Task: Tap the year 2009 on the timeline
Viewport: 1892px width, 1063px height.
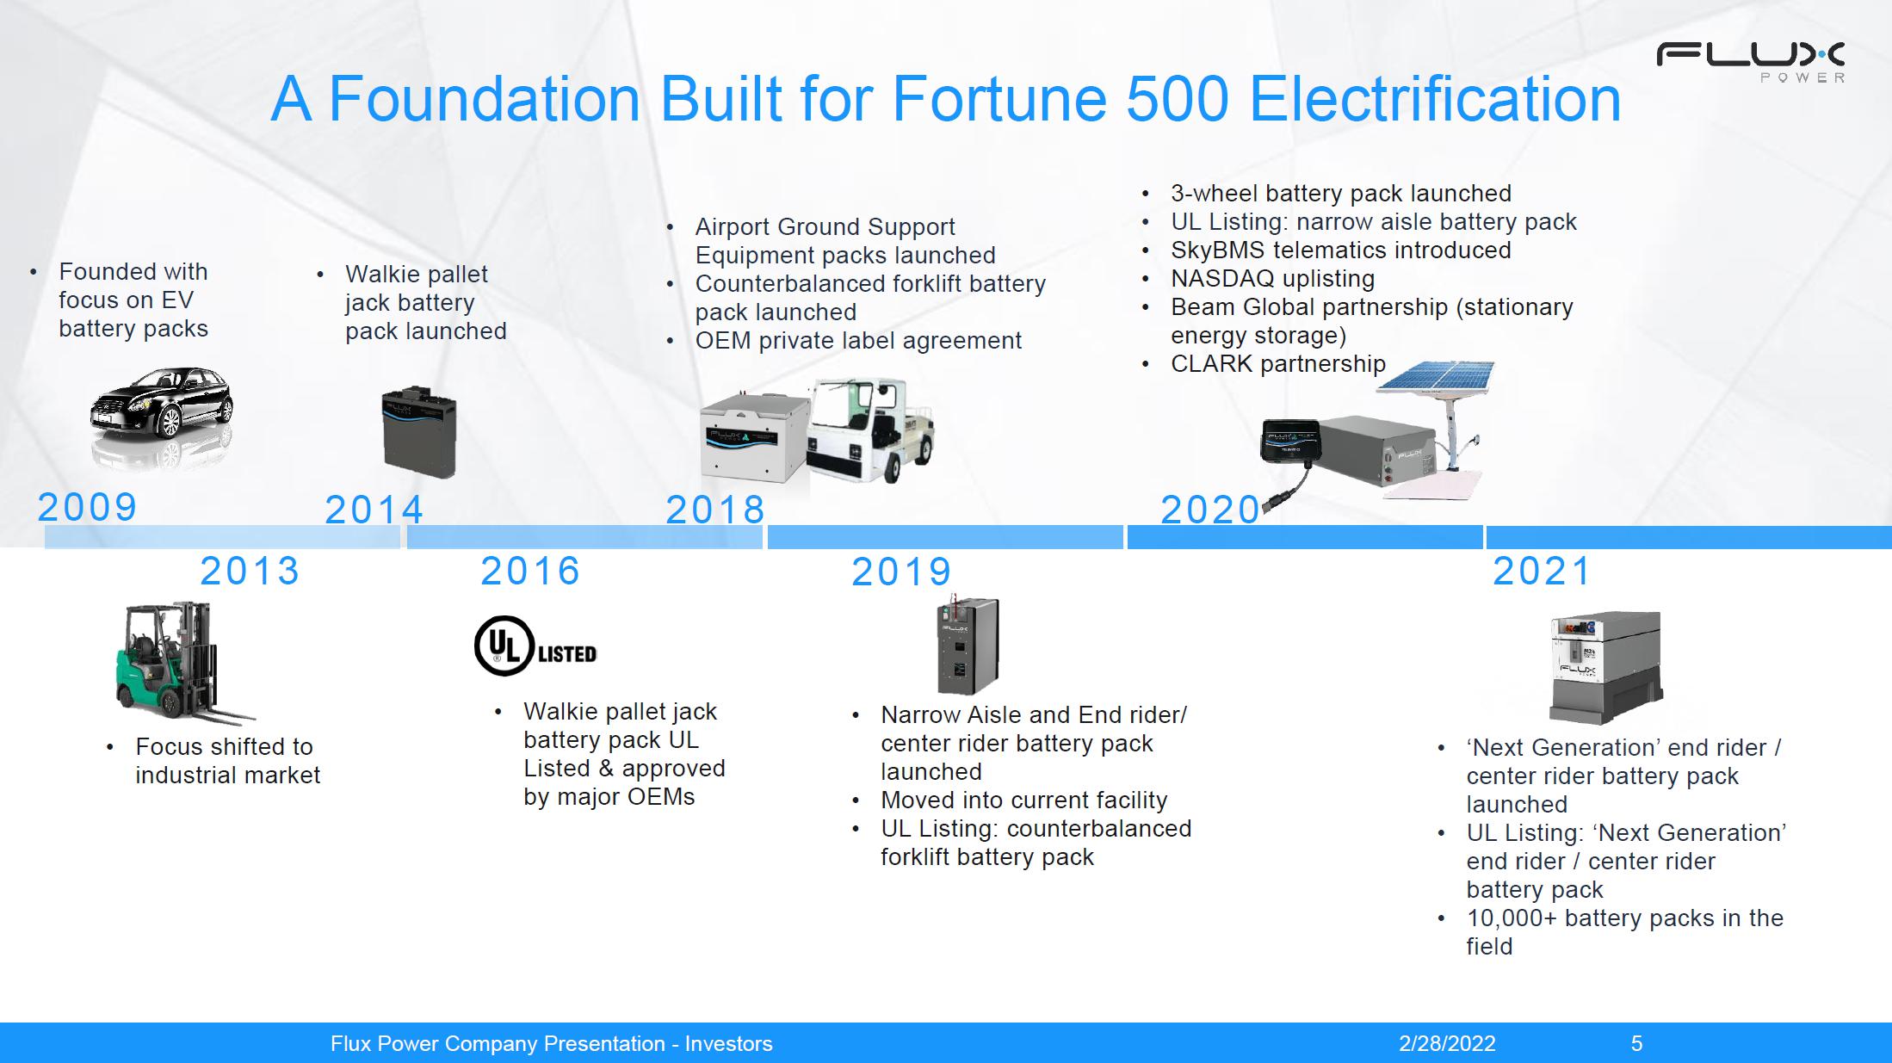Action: (87, 507)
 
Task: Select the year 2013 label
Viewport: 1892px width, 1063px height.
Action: (250, 571)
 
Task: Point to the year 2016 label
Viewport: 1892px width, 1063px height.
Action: (530, 571)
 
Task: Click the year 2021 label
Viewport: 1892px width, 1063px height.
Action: (1542, 571)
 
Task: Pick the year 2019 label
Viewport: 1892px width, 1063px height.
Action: (901, 572)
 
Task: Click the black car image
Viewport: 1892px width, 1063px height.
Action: (161, 404)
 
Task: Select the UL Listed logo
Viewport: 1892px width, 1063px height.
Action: (535, 646)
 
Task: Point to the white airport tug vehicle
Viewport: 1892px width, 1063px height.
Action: (870, 430)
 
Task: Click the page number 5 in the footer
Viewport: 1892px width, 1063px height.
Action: (1636, 1044)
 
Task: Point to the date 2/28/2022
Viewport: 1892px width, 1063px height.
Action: (1447, 1044)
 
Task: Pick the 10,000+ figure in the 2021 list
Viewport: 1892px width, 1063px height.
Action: (1512, 918)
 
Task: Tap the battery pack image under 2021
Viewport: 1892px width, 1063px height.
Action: (1605, 668)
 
